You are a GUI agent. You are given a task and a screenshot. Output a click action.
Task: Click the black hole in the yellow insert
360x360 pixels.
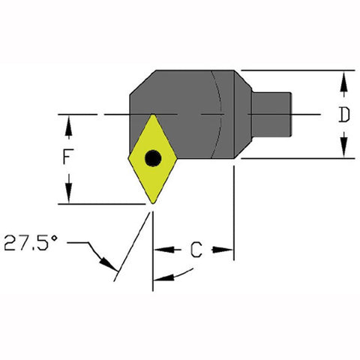tap(153, 158)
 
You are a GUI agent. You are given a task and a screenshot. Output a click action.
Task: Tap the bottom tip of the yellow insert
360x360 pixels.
tap(153, 204)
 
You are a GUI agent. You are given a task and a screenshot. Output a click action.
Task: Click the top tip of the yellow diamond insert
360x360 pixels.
tap(153, 114)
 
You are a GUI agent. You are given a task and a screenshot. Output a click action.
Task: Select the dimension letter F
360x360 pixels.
tap(68, 157)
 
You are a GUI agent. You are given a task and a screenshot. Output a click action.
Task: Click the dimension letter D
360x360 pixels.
tap(344, 115)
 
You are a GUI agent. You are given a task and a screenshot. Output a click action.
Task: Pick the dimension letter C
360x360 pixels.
tap(196, 250)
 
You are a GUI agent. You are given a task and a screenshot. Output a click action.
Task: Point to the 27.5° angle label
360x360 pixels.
tap(31, 242)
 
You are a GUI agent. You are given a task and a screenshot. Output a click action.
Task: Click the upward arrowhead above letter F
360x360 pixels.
tap(68, 127)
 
